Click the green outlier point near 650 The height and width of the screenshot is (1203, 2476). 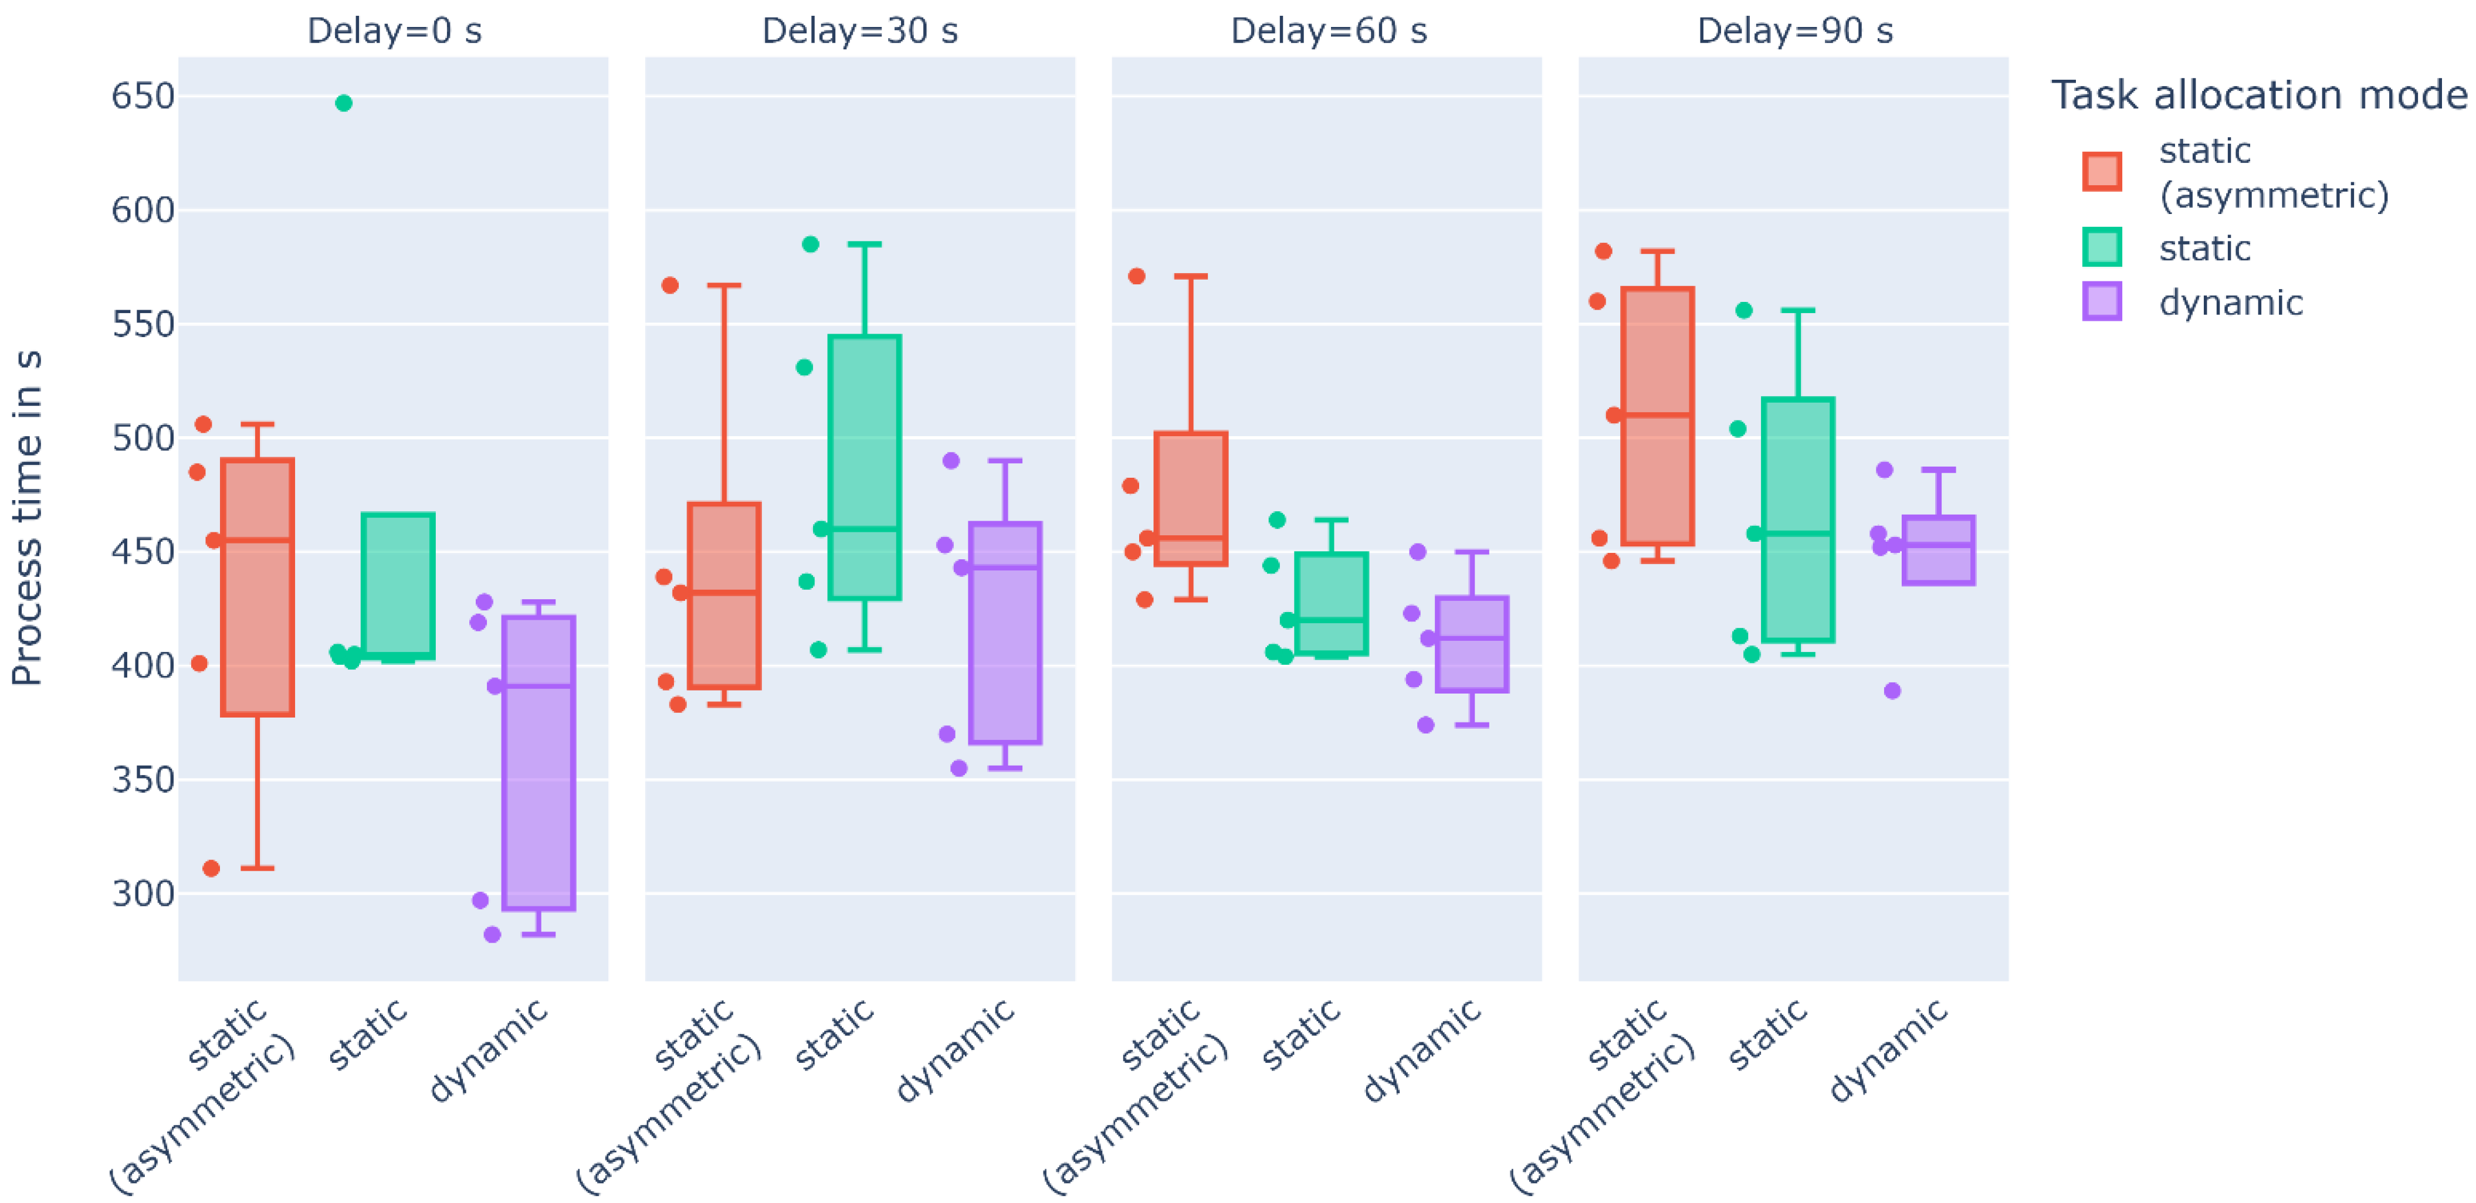point(343,103)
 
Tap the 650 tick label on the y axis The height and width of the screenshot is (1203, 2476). point(143,96)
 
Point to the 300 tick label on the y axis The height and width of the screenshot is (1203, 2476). point(143,893)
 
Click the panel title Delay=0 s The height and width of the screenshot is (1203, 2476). point(394,30)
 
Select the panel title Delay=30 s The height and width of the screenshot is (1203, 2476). point(861,30)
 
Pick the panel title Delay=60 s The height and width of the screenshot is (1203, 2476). point(1329,30)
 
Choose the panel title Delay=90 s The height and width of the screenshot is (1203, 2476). point(1794,30)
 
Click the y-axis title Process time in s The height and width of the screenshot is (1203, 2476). point(27,519)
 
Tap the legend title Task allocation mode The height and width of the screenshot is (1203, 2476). point(2259,95)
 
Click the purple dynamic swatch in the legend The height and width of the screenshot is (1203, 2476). point(2102,302)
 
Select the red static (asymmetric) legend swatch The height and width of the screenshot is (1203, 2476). point(2102,172)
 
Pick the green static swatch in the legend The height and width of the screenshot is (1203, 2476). point(2102,247)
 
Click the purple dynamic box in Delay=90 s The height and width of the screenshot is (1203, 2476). point(1939,549)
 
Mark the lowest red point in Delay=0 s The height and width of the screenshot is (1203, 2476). point(211,869)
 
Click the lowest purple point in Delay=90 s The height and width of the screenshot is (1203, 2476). point(1892,691)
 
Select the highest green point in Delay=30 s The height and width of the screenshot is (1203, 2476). point(810,244)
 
